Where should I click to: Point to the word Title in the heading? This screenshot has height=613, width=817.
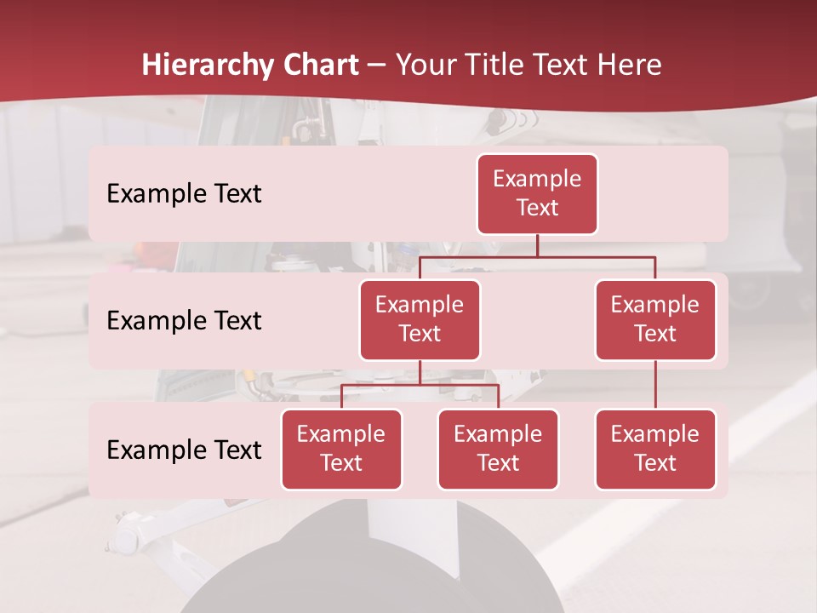pyautogui.click(x=494, y=65)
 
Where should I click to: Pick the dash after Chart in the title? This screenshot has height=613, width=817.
pyautogui.click(x=377, y=66)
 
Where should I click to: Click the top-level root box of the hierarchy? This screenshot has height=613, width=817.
pyautogui.click(x=537, y=194)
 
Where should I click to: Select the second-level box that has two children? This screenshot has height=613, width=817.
pyautogui.click(x=420, y=320)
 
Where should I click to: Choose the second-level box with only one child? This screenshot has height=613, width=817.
pyautogui.click(x=655, y=320)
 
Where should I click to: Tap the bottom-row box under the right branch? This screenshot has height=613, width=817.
pyautogui.click(x=655, y=450)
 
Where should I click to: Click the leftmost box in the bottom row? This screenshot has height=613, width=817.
pyautogui.click(x=341, y=450)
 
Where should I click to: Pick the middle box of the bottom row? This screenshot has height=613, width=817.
pyautogui.click(x=498, y=450)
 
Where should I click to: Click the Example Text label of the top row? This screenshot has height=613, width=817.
pyautogui.click(x=184, y=194)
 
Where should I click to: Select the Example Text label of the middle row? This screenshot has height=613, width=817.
pyautogui.click(x=184, y=321)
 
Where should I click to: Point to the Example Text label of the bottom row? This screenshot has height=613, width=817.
pyautogui.click(x=184, y=450)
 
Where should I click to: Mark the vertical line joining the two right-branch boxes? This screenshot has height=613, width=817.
pyautogui.click(x=655, y=385)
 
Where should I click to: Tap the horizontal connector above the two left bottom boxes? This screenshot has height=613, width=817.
pyautogui.click(x=420, y=385)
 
